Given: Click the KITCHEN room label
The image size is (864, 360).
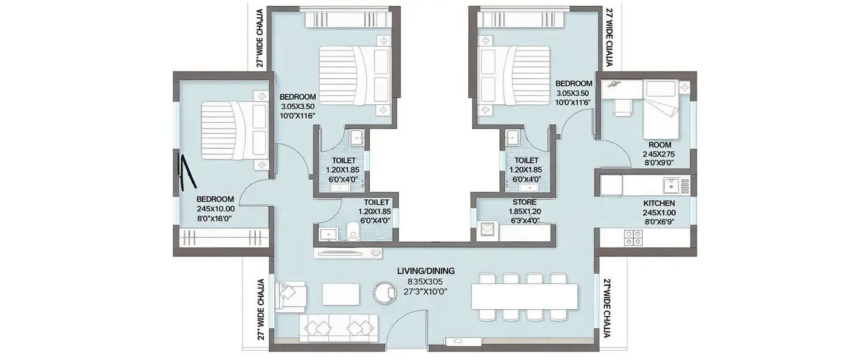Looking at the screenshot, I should [659, 203].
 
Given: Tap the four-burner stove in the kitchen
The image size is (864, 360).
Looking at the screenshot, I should [634, 237].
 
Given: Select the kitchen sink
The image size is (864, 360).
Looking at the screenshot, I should [670, 185].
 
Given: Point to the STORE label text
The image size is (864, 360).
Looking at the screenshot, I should [524, 202].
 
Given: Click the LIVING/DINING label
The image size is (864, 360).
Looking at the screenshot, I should [426, 271].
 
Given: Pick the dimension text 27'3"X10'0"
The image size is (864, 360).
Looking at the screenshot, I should [426, 291].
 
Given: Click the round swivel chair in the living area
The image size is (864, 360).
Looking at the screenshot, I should [385, 293].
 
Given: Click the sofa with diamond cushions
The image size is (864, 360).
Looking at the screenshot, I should [338, 328].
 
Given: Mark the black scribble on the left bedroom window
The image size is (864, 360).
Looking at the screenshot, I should [183, 173].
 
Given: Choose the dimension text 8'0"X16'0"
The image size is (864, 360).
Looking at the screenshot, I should [215, 218].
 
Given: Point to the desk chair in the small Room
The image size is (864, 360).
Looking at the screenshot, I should [622, 107].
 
